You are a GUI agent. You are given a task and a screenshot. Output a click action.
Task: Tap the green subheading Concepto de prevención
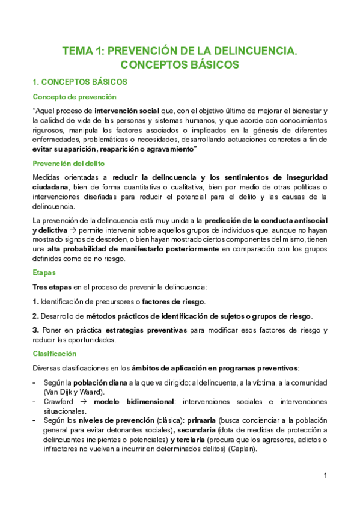click(74, 96)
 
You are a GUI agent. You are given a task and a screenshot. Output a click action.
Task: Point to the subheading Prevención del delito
click(69, 163)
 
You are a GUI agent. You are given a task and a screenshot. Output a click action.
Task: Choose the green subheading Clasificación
click(55, 354)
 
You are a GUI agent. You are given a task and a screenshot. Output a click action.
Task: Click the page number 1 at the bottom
click(325, 476)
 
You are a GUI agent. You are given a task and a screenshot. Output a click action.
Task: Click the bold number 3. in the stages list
click(36, 330)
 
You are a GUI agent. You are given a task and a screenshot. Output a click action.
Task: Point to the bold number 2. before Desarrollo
click(35, 316)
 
